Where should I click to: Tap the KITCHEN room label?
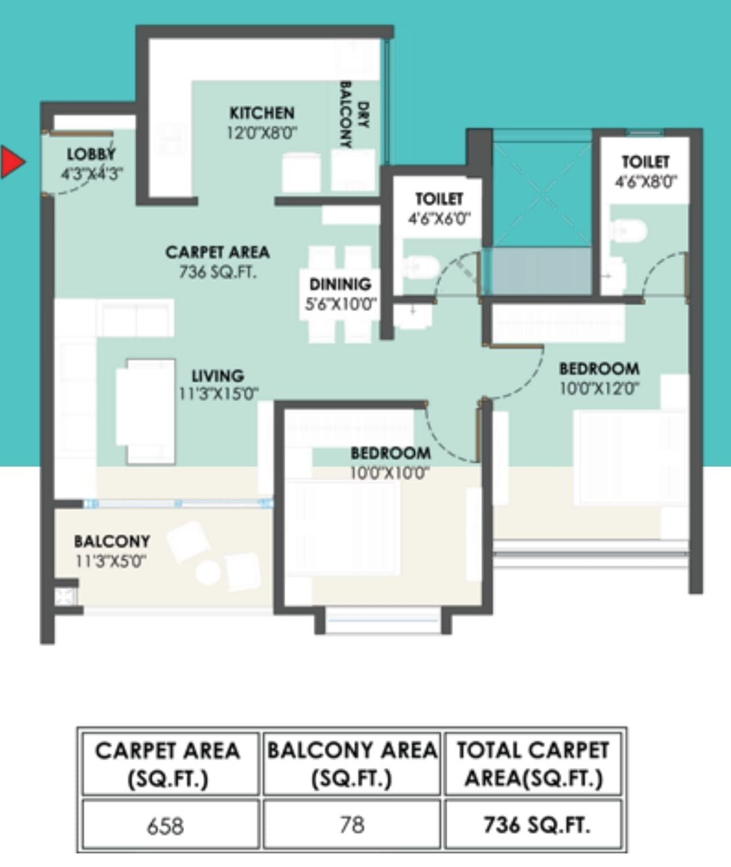pos(262,112)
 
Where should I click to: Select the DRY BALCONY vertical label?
pos(353,115)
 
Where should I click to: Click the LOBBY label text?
pos(91,154)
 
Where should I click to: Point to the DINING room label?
pos(340,284)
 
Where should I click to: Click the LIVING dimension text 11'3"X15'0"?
pos(218,394)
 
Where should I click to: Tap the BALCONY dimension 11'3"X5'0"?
pos(111,561)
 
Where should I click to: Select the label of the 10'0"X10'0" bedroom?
pos(390,453)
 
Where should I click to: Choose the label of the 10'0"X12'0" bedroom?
pos(599,369)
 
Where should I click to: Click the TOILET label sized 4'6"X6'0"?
pos(439,199)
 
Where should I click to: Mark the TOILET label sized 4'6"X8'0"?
pos(646,162)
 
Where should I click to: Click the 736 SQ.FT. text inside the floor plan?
pos(217,272)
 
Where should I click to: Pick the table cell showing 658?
pos(166,826)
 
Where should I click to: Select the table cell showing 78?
pos(352,825)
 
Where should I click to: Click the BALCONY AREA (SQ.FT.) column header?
pos(352,764)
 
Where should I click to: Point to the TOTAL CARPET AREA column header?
pos(533,764)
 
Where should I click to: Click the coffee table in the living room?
pos(146,411)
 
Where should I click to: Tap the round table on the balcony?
pos(208,572)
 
